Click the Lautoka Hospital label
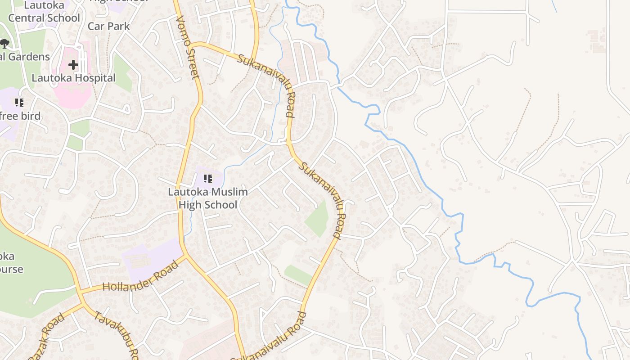coord(73,78)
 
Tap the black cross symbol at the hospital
coord(73,65)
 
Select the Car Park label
coord(108,26)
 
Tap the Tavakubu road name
coord(116,333)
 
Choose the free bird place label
coord(20,116)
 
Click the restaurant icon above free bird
coord(19,103)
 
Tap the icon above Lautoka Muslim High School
coord(207,179)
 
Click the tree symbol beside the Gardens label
coord(4,44)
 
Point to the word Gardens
coord(28,57)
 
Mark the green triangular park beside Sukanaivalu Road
coord(319,220)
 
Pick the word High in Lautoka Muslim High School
coord(189,205)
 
